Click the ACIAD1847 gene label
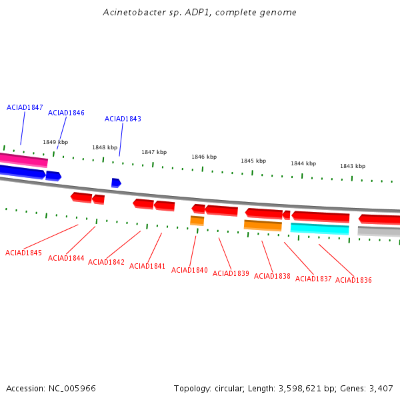coord(25,107)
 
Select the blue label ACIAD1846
coord(66,113)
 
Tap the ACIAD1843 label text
coord(123,119)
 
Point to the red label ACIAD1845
coord(23,253)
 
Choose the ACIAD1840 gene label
coord(189,270)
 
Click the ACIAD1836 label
coord(353,280)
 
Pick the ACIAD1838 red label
coord(272,276)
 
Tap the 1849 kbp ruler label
coord(55,142)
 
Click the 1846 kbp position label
coord(204,157)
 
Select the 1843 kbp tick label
coord(353,166)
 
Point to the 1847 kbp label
coord(154,152)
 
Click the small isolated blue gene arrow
coord(116,183)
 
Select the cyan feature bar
coord(319,229)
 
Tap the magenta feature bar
coord(23,160)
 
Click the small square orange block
coord(197,221)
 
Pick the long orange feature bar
coord(263,225)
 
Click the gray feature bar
coord(379,231)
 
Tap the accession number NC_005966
coord(72,389)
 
